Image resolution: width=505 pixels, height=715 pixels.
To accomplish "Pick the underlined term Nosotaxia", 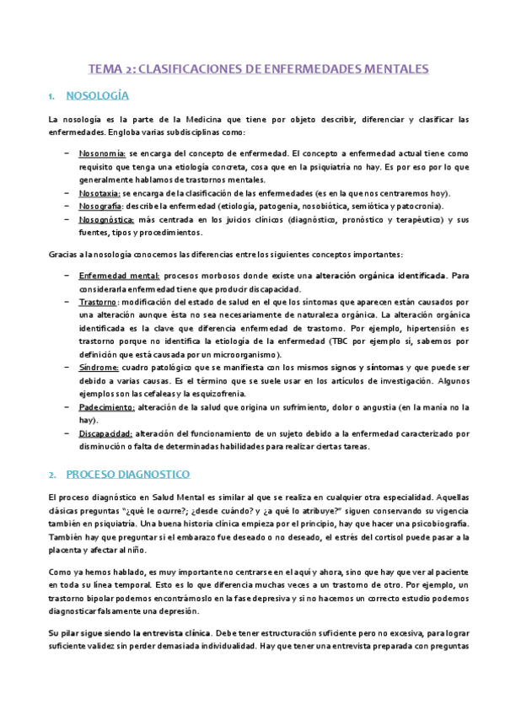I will pos(99,193).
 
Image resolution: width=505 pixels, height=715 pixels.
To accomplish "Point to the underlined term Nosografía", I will pos(100,206).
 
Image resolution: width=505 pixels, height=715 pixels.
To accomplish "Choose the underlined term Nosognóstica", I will pos(105,219).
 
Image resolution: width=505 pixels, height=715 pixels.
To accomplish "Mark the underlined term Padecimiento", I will pos(106,407).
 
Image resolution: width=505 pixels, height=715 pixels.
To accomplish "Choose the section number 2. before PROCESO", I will pos(53,475).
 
